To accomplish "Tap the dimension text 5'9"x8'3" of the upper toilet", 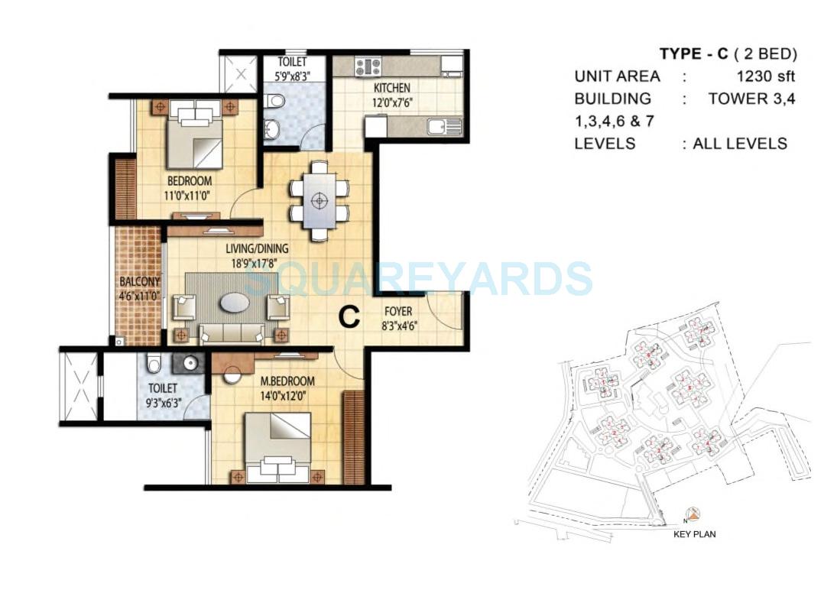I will (x=291, y=76).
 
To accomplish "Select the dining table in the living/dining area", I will (x=320, y=201).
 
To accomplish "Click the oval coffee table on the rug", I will (x=234, y=303).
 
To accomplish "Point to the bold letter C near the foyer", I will (x=349, y=317).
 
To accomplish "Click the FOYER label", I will (x=398, y=311).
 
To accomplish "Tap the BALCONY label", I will (x=138, y=281).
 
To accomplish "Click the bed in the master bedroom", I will (x=277, y=447).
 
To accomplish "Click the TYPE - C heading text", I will (x=692, y=53).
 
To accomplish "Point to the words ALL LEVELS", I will (x=739, y=144).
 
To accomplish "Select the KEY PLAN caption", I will (x=694, y=534).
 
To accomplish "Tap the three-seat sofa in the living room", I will (x=231, y=332).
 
